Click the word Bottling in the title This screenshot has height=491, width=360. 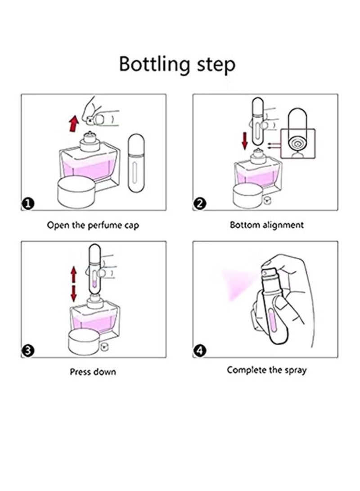tap(155, 64)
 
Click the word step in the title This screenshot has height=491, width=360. tap(216, 65)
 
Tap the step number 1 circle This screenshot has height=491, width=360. tap(28, 204)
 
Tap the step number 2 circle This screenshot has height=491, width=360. tap(200, 204)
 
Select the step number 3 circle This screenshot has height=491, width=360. tap(28, 351)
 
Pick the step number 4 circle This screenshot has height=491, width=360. tap(200, 351)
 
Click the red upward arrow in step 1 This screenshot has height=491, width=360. tap(73, 123)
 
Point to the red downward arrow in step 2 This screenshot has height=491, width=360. tap(245, 140)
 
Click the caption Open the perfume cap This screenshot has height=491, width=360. tap(93, 225)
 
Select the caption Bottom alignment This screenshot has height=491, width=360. tap(267, 225)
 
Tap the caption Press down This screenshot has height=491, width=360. tap(93, 372)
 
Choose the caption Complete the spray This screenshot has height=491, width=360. tap(267, 370)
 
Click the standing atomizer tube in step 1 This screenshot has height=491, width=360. tap(136, 163)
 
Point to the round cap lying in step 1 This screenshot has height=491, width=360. tap(76, 192)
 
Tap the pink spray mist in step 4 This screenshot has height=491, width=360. tap(238, 284)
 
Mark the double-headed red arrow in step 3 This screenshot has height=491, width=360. tap(73, 284)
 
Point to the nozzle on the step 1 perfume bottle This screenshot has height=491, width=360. tap(90, 135)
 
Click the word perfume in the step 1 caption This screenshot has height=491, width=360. tap(104, 226)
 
